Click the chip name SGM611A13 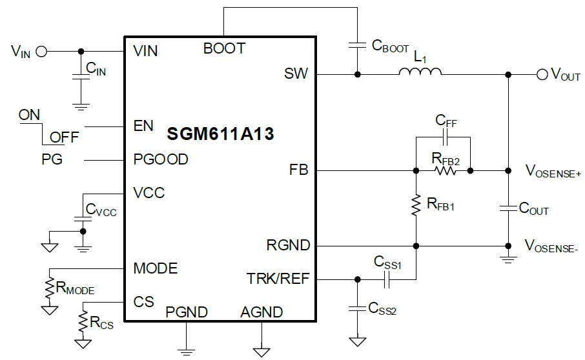[x=220, y=135]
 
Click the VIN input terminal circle [x=42, y=51]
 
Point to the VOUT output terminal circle [x=542, y=75]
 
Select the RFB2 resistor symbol [x=446, y=171]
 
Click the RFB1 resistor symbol [x=415, y=206]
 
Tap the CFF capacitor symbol [x=445, y=137]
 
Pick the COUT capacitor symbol [x=508, y=208]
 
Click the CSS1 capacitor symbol [x=386, y=279]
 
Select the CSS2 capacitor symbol [x=356, y=308]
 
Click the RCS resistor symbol [x=83, y=319]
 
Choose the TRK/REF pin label [x=278, y=279]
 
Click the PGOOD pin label [x=160, y=159]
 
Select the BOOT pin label [x=224, y=48]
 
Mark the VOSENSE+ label [x=552, y=171]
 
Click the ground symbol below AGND [x=262, y=352]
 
